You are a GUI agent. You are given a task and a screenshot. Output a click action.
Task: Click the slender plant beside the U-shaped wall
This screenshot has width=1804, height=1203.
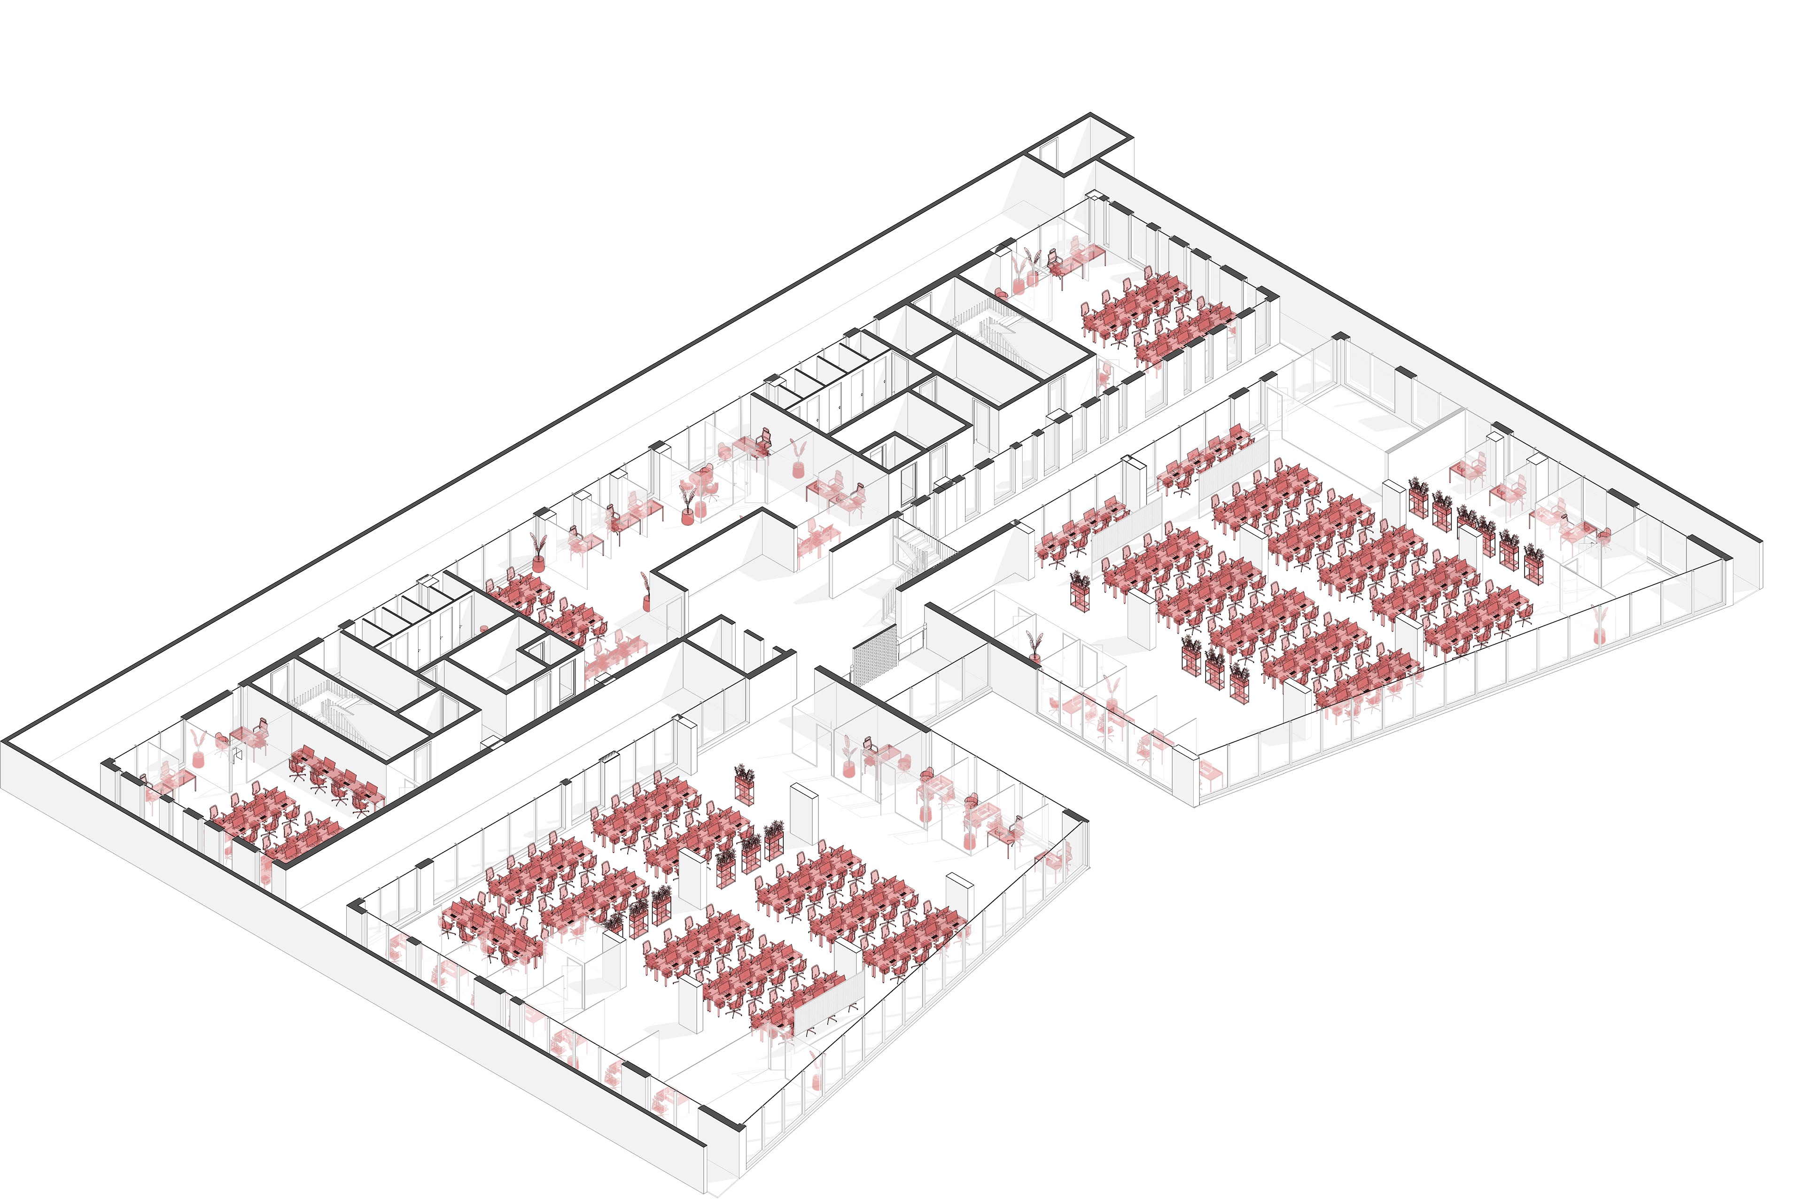(x=646, y=591)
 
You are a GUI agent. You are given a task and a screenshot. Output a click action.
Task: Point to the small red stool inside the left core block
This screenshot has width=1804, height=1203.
(x=483, y=629)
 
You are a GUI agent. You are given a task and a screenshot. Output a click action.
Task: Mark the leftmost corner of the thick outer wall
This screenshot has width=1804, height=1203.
(x=6, y=743)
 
